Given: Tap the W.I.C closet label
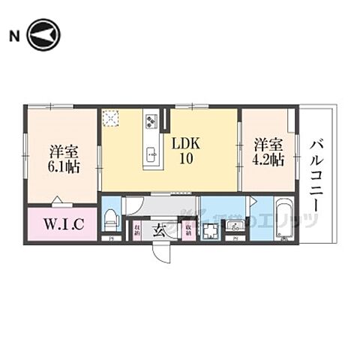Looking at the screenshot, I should point(62,223).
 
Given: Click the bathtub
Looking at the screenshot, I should point(285,219).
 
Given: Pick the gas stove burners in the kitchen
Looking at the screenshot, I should point(151,120).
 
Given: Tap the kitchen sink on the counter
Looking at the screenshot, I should point(151,156).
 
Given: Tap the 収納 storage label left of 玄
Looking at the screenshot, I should point(137,229).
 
